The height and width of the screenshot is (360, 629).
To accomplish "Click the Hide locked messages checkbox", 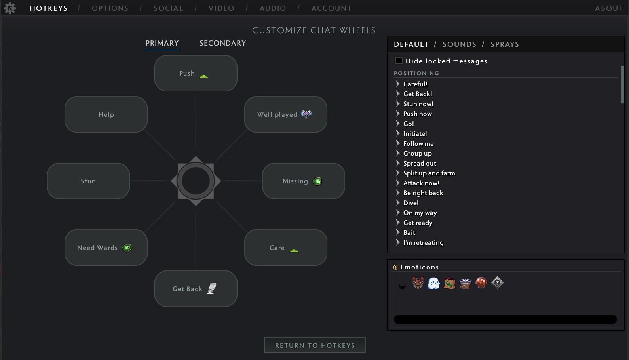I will [x=399, y=61].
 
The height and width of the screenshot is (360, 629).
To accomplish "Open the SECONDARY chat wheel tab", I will [x=222, y=43].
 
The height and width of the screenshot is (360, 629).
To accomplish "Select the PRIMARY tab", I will [x=162, y=43].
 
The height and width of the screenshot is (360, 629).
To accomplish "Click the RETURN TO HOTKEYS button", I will [x=315, y=345].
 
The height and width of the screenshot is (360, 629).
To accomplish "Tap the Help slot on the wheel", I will [x=106, y=114].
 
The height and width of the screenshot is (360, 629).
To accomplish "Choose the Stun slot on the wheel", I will [x=88, y=181].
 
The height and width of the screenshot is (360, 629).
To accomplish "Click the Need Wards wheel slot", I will [x=106, y=248].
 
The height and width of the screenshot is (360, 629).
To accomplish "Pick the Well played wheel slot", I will [x=285, y=114].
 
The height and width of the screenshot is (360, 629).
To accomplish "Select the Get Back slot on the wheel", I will [x=196, y=289].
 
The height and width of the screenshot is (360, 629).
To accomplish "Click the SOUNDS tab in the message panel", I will [x=459, y=44].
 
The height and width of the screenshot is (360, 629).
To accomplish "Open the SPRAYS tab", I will [x=504, y=44].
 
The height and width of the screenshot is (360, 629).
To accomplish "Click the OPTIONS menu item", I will [x=110, y=8].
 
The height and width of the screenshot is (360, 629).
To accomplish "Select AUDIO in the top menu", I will [x=273, y=8].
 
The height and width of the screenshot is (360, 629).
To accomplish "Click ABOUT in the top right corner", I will [x=609, y=8].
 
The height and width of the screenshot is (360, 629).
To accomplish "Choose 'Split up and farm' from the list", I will [x=429, y=173].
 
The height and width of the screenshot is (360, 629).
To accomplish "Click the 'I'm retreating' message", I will [x=423, y=242].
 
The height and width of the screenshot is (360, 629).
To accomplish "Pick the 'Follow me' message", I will [x=418, y=143].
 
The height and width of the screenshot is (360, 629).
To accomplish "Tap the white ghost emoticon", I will [x=433, y=283].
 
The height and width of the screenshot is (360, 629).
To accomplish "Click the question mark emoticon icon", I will [x=497, y=283].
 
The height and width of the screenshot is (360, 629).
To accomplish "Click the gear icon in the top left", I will [x=10, y=8].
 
